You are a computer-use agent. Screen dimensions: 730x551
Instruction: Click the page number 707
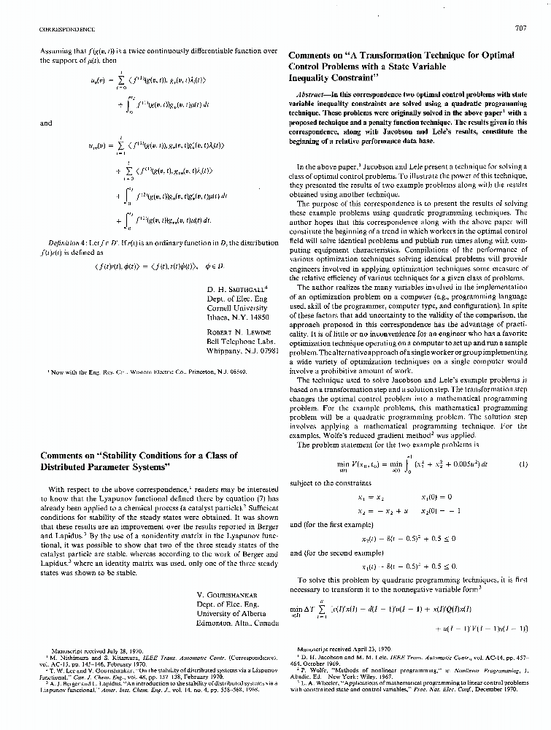(520, 29)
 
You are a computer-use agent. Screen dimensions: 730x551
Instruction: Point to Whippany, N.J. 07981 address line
(243, 351)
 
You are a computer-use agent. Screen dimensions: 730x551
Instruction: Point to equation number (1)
(523, 464)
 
